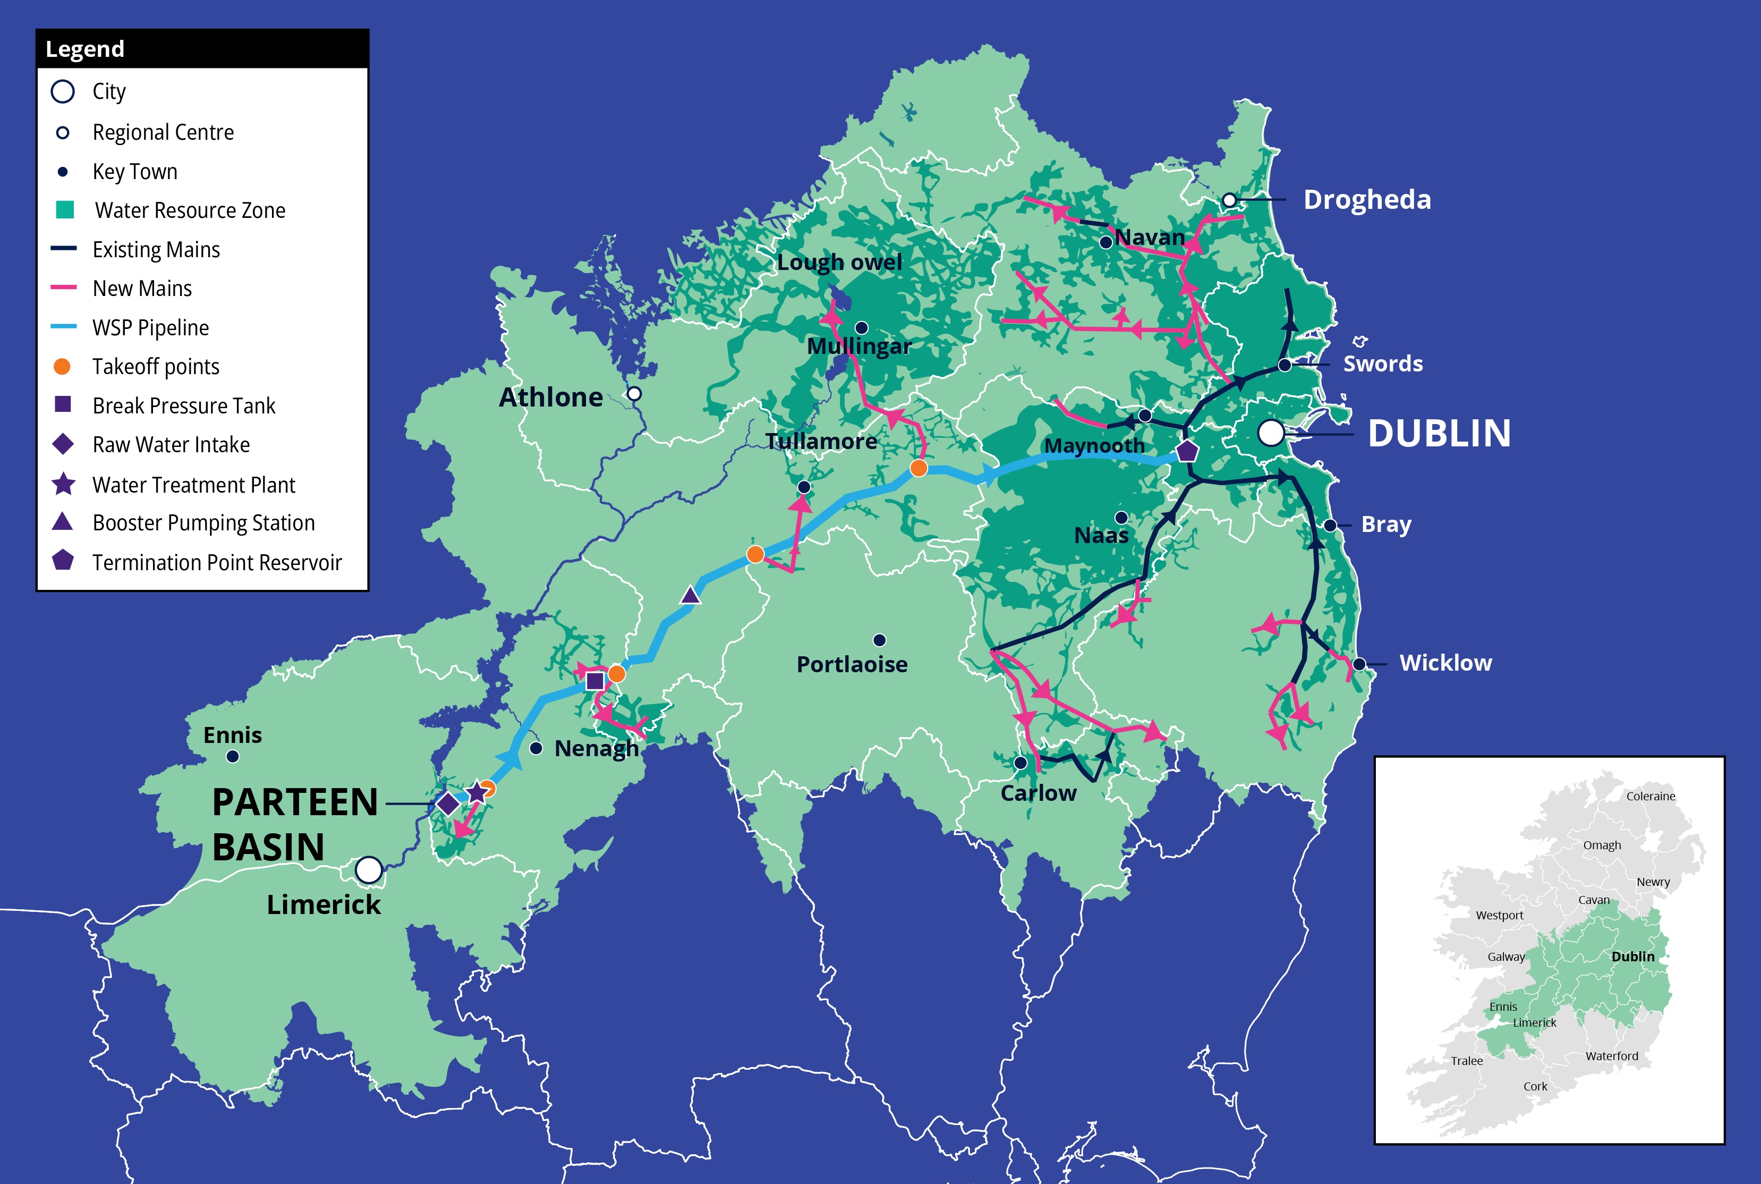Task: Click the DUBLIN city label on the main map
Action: tap(1439, 434)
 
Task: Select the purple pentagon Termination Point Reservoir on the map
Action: tap(1187, 452)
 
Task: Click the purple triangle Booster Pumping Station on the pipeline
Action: tap(690, 596)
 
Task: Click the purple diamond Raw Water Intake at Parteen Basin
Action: tap(448, 804)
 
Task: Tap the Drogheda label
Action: tap(1366, 199)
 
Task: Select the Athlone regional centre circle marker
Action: tap(634, 393)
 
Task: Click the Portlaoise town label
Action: tap(852, 664)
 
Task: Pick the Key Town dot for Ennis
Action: tap(233, 756)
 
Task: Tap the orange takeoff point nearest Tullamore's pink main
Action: tap(755, 554)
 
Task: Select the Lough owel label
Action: tap(839, 262)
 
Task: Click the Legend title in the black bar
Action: tap(84, 49)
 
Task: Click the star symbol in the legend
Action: tap(63, 484)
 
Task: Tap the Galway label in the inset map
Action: tap(1506, 957)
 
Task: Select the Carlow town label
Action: tap(1038, 793)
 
